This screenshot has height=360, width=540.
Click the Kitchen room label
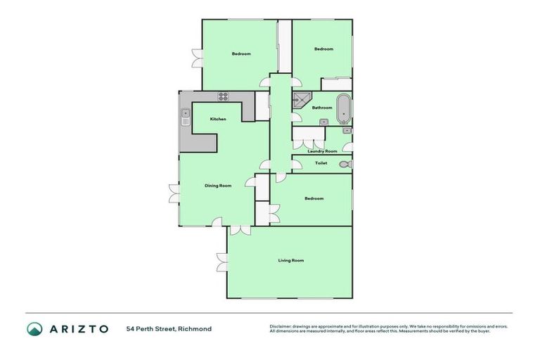coord(218,119)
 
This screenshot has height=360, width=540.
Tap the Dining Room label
coord(218,186)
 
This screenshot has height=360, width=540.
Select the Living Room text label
coord(290,261)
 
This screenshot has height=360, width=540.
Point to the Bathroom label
coord(322,108)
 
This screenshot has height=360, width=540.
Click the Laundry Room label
coord(322,151)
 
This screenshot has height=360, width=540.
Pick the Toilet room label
coord(321,163)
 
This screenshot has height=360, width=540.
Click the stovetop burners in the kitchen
coord(224,96)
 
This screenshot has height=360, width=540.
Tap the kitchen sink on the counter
coord(186,115)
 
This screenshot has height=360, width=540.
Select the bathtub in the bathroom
coord(343,108)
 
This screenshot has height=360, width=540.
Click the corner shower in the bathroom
coord(300,101)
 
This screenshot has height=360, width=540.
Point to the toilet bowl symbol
coord(343,165)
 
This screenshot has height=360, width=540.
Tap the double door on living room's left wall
coord(222,262)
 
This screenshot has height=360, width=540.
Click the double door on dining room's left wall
coord(173,192)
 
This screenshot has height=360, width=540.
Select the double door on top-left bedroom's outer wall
coord(196,58)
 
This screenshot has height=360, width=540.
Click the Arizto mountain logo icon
coord(34,328)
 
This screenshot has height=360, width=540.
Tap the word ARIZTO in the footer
coord(78,328)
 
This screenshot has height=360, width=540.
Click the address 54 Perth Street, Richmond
coord(169,328)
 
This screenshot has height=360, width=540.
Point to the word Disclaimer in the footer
coord(281,326)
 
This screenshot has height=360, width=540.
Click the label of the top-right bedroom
coord(323,49)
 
